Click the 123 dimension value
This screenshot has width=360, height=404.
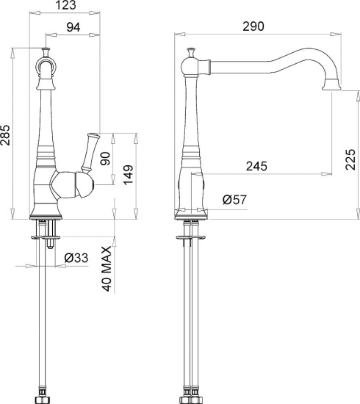click(66, 5)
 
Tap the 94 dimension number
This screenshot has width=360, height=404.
click(73, 27)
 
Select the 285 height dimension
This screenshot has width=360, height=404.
click(5, 135)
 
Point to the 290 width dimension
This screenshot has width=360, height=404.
click(253, 26)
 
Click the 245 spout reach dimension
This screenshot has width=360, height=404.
click(256, 166)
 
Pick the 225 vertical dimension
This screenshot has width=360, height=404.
click(350, 159)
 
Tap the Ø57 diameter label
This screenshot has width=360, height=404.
click(234, 200)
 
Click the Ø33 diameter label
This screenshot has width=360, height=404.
click(76, 258)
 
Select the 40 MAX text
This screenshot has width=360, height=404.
click(107, 269)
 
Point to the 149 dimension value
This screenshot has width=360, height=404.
click(129, 175)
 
